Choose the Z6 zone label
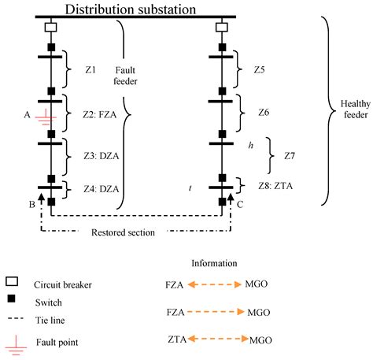tap(262, 113)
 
